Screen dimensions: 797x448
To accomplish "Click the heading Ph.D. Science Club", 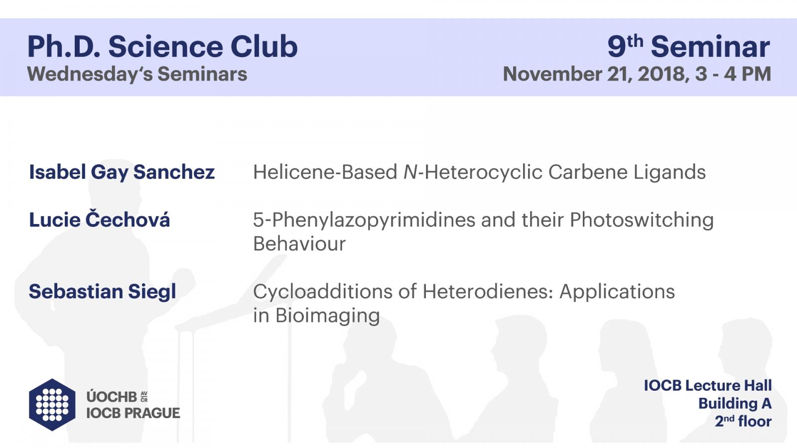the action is coord(162,47).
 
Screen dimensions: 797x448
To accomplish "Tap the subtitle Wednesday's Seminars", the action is coord(137,74).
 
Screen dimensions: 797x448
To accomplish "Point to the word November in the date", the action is coord(552,74).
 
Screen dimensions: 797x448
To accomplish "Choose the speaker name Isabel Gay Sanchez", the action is coord(122,172).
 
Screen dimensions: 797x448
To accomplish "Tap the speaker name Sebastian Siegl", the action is coord(103,292).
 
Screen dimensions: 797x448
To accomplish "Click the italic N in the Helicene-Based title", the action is coord(410,172).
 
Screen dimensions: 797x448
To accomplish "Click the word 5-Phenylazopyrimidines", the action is coord(364,220).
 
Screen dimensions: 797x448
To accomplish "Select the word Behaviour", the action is coord(299,244).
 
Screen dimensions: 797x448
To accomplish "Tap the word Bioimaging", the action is coord(327,316).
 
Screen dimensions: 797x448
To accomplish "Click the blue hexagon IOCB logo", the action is coord(52,405).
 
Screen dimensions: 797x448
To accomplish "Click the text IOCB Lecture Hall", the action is coord(708,386).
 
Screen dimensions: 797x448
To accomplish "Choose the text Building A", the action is coord(735,404).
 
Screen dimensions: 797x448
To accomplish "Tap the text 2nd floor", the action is coord(743,421).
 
